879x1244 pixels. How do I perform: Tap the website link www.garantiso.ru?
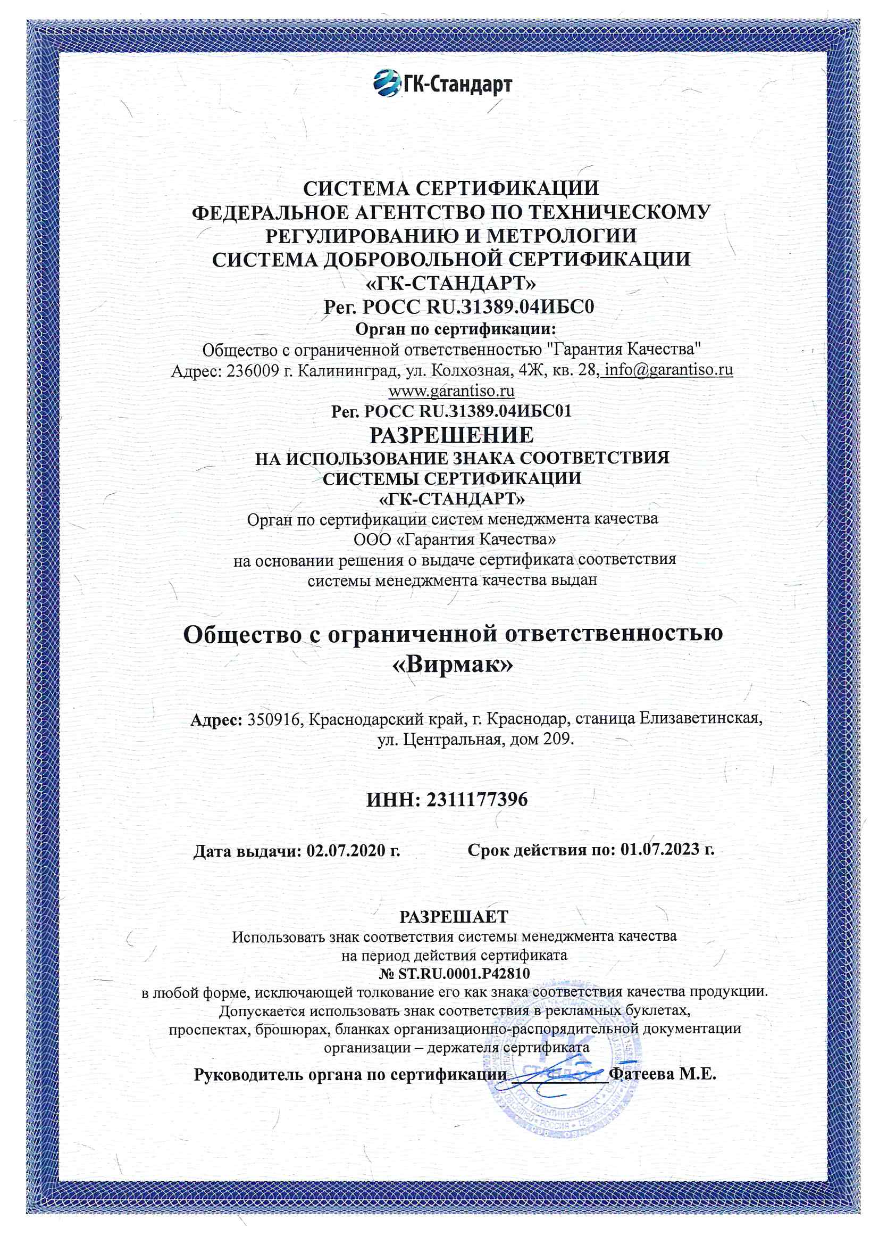[451, 390]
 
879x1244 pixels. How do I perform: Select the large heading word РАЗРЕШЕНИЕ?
[451, 435]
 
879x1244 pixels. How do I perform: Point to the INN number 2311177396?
[476, 800]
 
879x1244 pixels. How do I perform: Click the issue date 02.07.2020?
[346, 850]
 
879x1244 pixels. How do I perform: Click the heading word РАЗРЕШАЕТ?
[454, 917]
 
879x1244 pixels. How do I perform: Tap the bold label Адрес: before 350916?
[215, 719]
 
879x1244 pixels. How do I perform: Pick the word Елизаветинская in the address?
[701, 719]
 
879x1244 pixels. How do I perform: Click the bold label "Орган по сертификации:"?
[456, 329]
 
